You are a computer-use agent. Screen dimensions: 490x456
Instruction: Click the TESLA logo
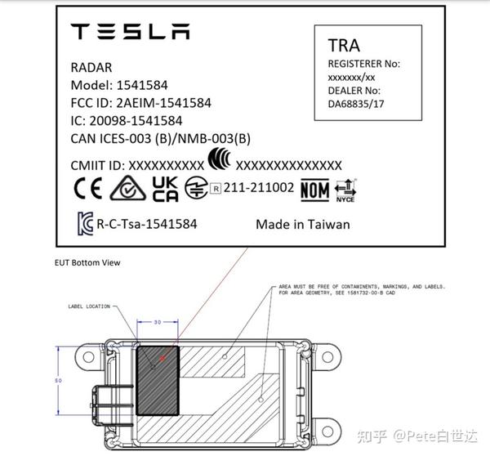(131, 32)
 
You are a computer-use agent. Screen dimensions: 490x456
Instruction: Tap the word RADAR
(92, 69)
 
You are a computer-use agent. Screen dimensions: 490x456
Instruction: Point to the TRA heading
(344, 44)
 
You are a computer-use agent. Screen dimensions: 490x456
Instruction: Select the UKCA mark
(167, 189)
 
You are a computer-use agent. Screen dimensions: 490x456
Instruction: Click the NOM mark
(314, 190)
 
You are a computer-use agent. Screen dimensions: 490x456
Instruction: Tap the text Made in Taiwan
(302, 224)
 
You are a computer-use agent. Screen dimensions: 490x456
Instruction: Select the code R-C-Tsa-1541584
(146, 223)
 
